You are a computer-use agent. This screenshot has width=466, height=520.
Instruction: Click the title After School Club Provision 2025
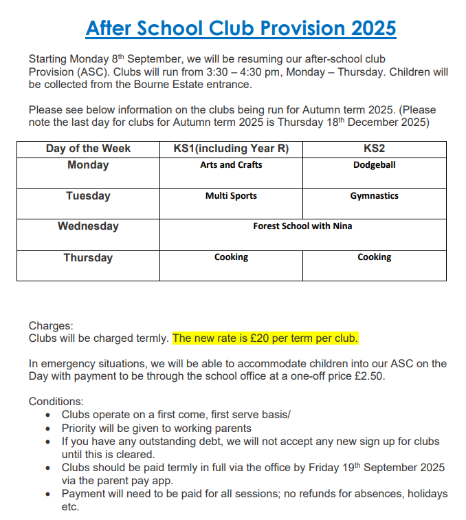(241, 28)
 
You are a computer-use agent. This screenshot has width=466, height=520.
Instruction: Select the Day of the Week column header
(88, 149)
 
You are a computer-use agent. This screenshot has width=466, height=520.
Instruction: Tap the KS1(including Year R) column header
(231, 149)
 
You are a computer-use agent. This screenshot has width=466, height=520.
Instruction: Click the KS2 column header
(374, 149)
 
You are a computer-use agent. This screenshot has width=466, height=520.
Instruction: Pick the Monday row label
(88, 165)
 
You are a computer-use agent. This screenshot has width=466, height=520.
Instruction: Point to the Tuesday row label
(88, 196)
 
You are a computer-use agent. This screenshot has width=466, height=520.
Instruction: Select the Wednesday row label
(88, 226)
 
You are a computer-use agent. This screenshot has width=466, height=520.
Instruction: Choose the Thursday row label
(88, 258)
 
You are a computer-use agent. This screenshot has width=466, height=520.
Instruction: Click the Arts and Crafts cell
(231, 165)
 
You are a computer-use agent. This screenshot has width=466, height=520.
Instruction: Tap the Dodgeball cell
(374, 165)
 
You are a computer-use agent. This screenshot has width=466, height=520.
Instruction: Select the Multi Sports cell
(231, 196)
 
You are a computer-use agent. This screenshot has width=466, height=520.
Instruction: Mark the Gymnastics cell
(374, 196)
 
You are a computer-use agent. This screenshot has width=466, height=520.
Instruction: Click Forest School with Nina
(302, 226)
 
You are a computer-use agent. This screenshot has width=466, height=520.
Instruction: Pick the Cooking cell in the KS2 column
(374, 257)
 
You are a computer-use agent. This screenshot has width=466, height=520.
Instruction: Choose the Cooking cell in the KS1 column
(231, 257)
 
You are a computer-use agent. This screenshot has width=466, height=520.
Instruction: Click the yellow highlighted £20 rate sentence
(265, 338)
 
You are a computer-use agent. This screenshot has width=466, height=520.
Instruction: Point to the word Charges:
(51, 326)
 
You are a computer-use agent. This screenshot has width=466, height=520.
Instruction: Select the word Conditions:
(56, 402)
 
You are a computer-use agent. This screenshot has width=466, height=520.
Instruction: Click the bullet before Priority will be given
(47, 429)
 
